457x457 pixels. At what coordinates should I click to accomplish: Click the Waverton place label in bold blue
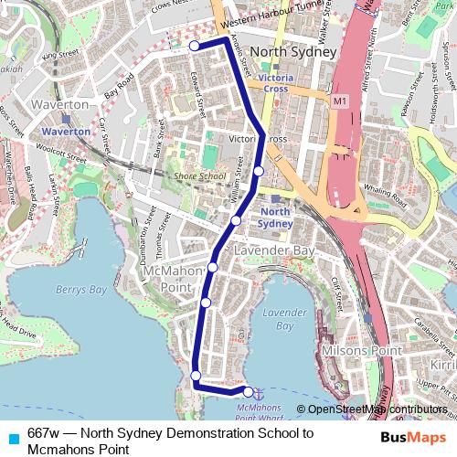click(x=66, y=131)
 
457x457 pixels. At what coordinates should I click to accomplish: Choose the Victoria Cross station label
click(x=274, y=84)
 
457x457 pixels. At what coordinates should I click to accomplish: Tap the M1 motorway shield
click(x=340, y=99)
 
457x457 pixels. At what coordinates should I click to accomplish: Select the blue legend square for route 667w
click(x=11, y=434)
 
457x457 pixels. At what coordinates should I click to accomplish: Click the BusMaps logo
click(x=413, y=437)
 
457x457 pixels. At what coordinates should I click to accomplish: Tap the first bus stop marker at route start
click(x=195, y=45)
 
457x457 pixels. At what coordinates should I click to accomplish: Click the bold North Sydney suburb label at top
click(x=294, y=52)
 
